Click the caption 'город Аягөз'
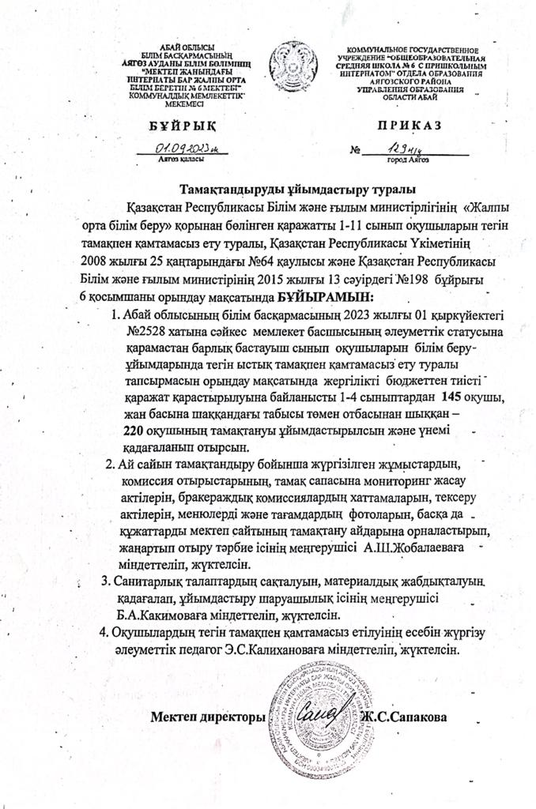(408, 160)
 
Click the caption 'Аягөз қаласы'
(179, 159)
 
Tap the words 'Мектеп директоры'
(206, 718)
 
